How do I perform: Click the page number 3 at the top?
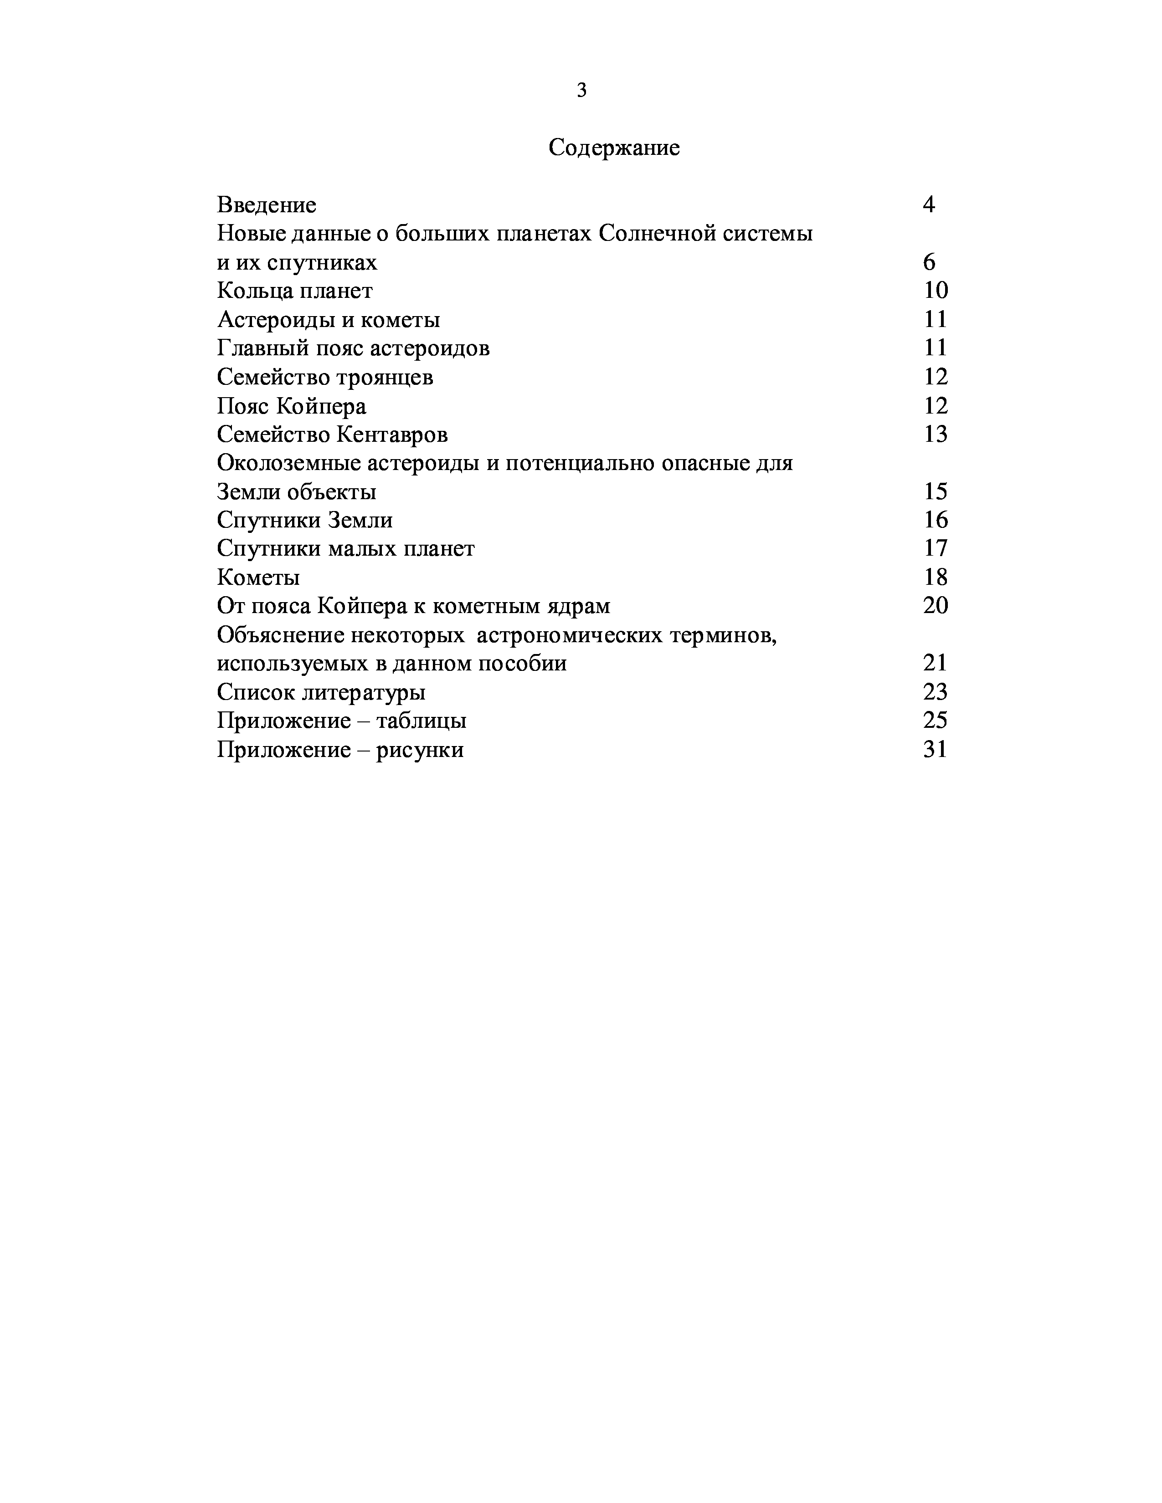click(x=582, y=90)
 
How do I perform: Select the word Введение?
click(x=267, y=205)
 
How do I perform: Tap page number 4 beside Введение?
click(x=929, y=205)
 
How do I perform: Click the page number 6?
click(x=929, y=262)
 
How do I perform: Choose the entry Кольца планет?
click(x=295, y=291)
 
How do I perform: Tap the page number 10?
click(x=936, y=291)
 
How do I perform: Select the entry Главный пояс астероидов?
click(x=353, y=348)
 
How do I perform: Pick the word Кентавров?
click(x=392, y=435)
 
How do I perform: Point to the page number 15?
click(x=936, y=491)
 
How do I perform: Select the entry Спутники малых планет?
click(x=345, y=548)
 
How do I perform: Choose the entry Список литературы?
click(x=321, y=692)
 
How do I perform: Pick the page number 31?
click(x=936, y=749)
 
